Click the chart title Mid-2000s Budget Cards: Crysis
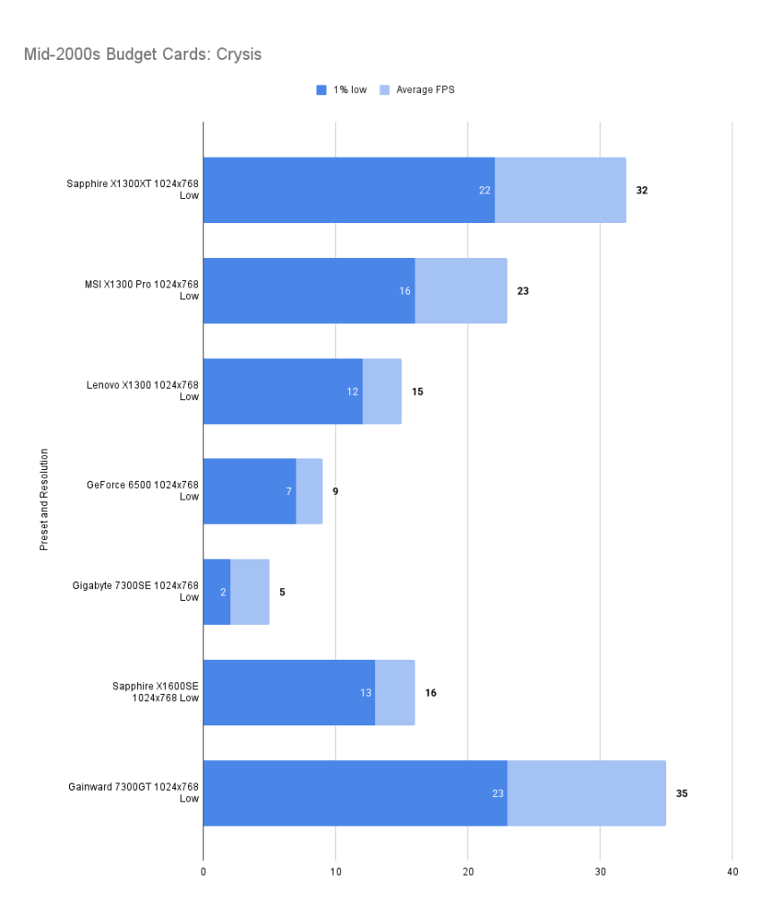143,55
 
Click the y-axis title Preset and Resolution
44,500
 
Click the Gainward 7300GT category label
133,792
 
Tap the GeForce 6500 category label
142,491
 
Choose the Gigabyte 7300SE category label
135,591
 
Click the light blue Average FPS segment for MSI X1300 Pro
461,291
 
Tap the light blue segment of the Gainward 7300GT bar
587,792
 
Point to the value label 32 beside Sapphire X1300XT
642,191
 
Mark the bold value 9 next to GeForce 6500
335,492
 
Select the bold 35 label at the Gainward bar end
681,793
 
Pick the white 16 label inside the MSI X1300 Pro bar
405,291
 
